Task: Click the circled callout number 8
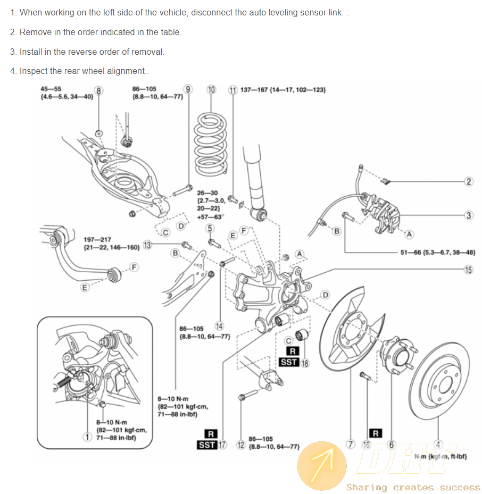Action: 99,91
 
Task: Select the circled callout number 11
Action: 232,90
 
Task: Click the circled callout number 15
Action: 468,270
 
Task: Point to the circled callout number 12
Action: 240,445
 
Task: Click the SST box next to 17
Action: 207,445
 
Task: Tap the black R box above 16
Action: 376,433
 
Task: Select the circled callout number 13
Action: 147,245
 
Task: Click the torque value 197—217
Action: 98,240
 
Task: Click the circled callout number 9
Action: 187,89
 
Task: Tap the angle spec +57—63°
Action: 210,216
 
